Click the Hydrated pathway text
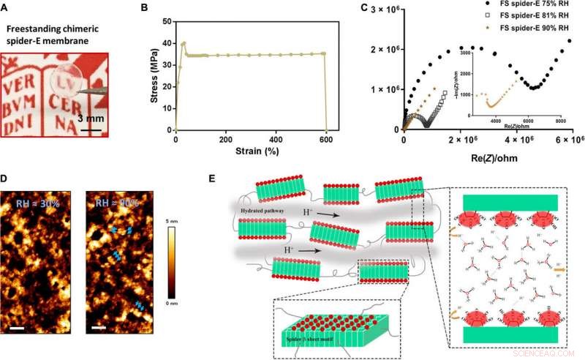[264, 209]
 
